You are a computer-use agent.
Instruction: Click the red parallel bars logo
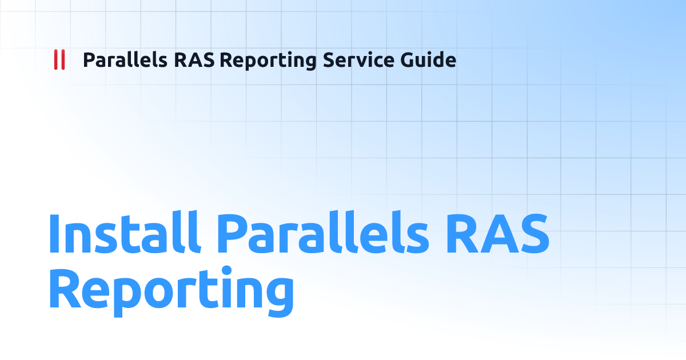tap(59, 60)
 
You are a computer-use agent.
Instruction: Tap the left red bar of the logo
tap(55, 60)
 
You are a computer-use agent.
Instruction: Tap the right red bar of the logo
tap(62, 60)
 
